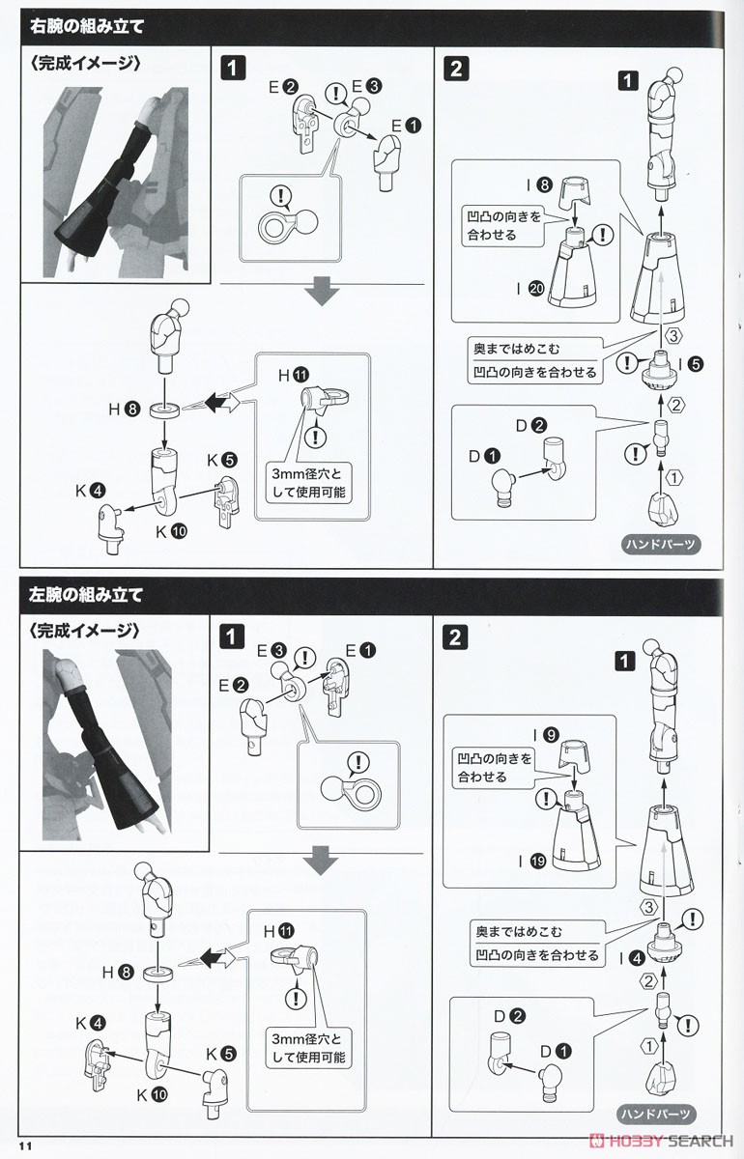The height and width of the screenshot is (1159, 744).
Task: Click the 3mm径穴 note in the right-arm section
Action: (x=308, y=482)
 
